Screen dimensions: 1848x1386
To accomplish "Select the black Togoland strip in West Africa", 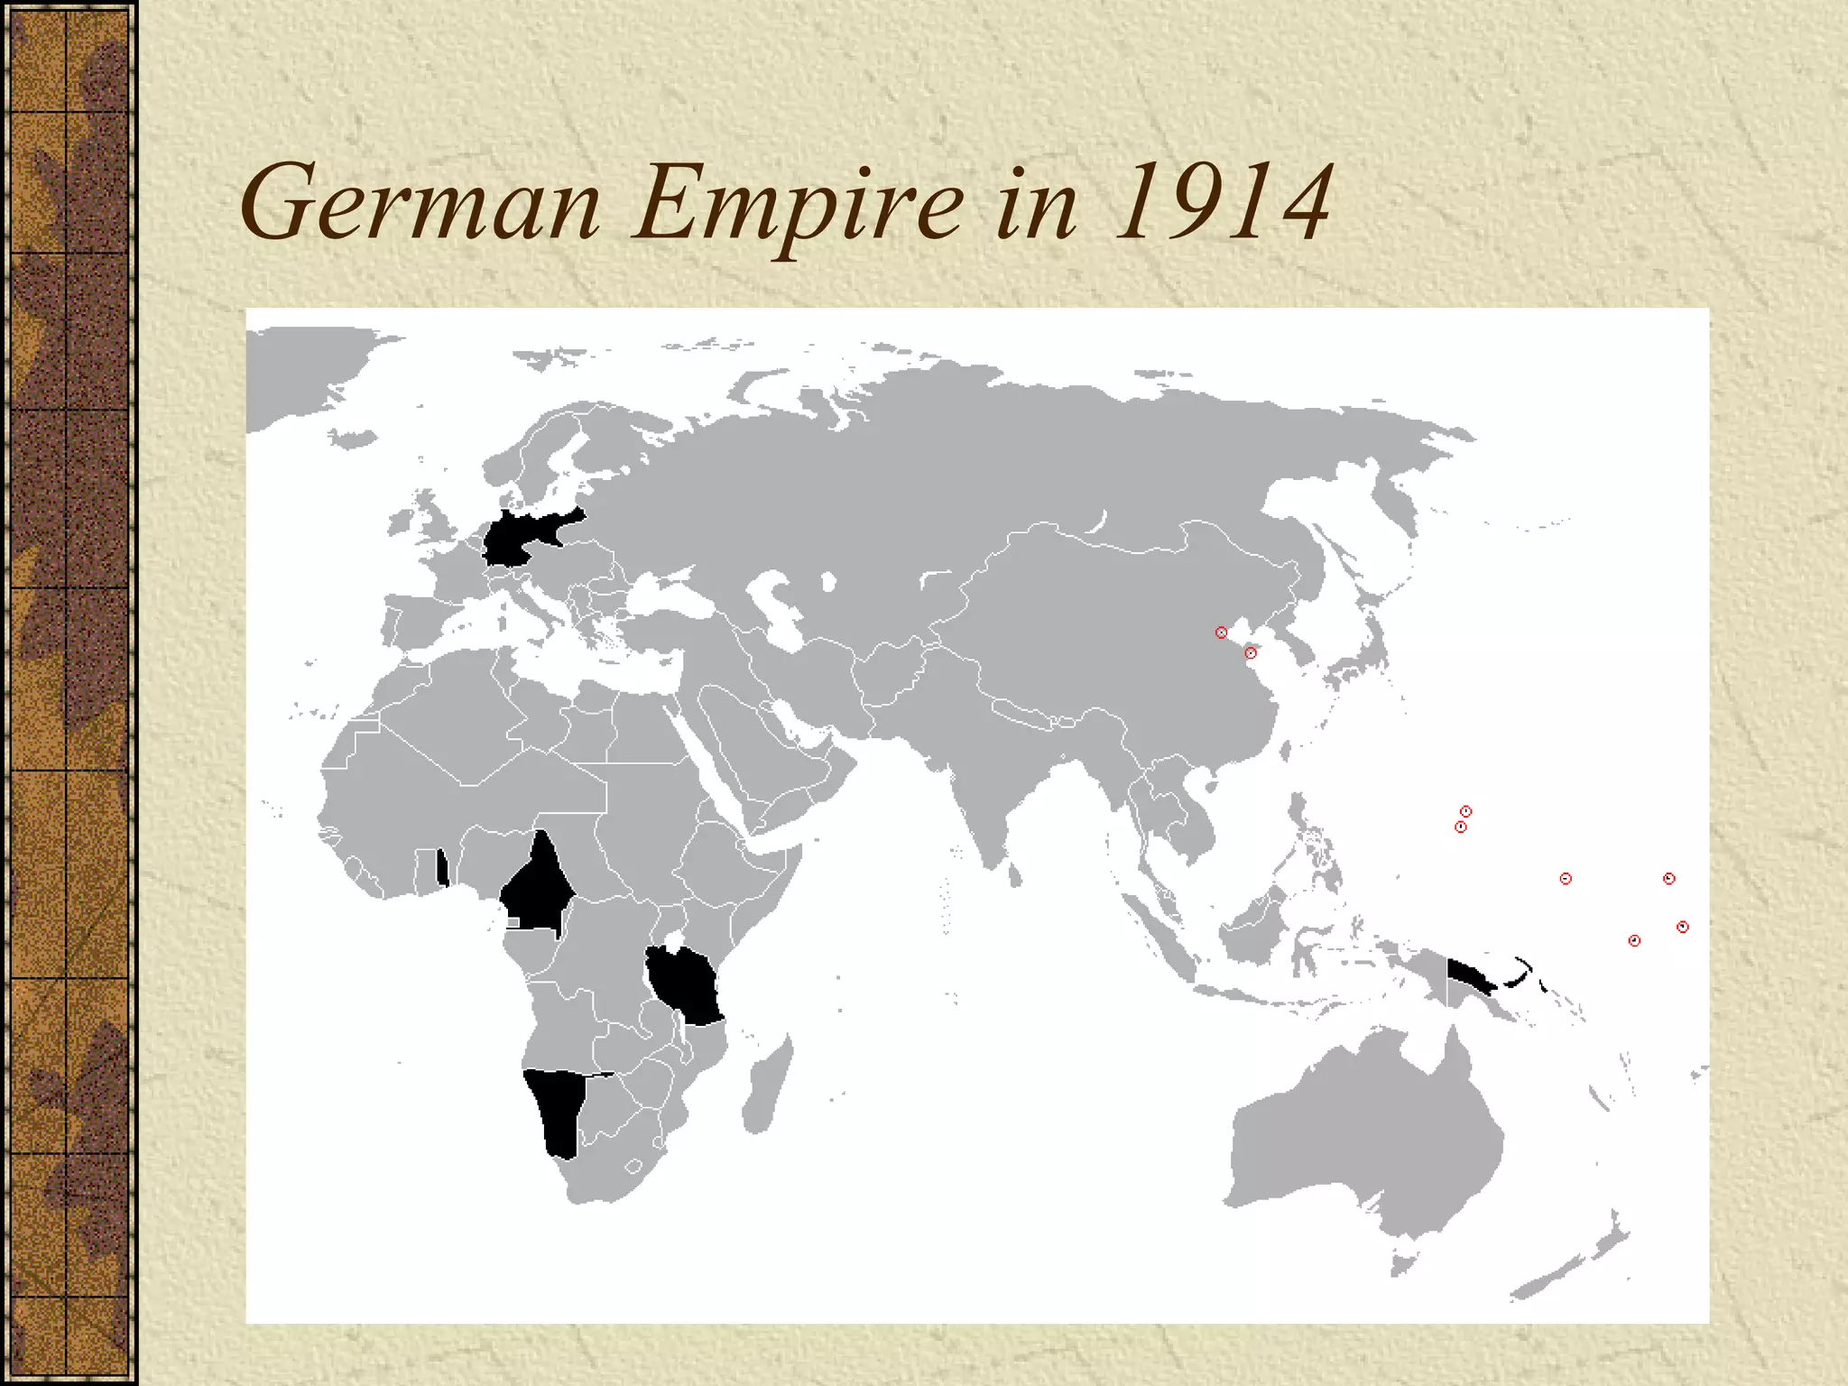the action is (x=442, y=868).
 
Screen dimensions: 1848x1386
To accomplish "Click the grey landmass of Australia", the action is (x=1363, y=1146).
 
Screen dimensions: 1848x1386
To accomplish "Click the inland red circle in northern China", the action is (x=1221, y=633).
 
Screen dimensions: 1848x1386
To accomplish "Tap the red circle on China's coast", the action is (x=1250, y=652).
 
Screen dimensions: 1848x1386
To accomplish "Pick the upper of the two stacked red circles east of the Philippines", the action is (x=1466, y=811).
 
